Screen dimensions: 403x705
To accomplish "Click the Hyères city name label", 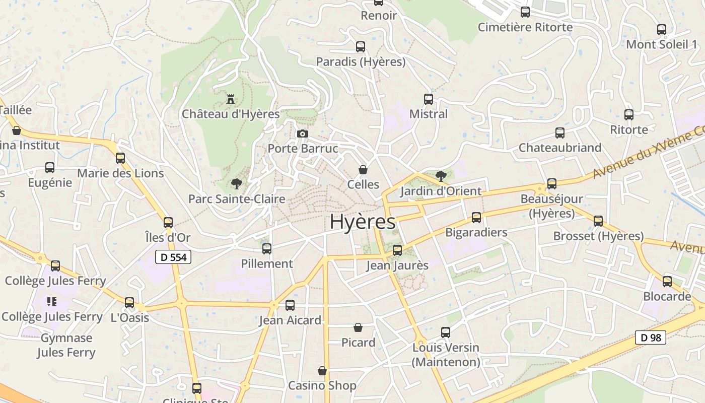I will (x=363, y=222).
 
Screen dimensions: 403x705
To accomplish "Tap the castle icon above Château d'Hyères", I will (x=231, y=99).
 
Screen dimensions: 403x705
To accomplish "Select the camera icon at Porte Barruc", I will (x=302, y=133).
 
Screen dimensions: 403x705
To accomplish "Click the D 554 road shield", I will (x=173, y=257).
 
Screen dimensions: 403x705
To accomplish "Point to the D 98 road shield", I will (x=650, y=338).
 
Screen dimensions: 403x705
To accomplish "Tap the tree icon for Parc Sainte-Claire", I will (x=236, y=184).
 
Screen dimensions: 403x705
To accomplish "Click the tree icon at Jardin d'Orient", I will (x=441, y=176).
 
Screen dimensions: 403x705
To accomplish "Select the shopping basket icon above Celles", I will (x=363, y=170).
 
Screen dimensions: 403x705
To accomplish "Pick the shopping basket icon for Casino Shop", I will (x=322, y=371).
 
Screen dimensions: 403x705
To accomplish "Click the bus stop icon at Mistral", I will (x=429, y=99).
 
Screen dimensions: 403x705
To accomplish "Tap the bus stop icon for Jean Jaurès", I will (x=397, y=250).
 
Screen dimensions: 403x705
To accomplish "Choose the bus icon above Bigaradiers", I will (x=476, y=218).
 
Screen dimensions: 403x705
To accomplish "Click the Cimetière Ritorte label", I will (x=525, y=27).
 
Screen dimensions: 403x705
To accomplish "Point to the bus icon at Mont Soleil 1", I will (x=662, y=30).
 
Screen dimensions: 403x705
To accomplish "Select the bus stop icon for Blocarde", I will (x=667, y=282).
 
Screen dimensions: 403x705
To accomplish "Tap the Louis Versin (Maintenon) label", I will (x=446, y=355).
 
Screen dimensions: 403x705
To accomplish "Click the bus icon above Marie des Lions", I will (x=120, y=158).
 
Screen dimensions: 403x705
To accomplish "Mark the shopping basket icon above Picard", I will (x=358, y=328).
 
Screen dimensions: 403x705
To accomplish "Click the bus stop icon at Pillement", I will (x=267, y=249).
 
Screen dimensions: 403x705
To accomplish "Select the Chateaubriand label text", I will (x=560, y=148).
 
